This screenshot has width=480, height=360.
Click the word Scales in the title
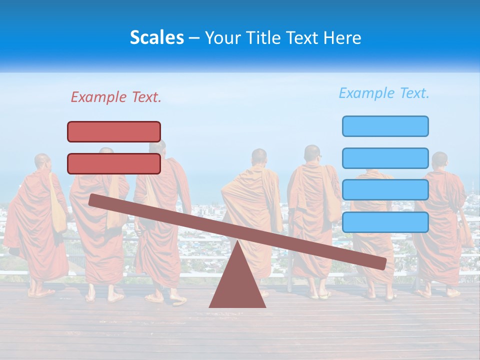(x=156, y=37)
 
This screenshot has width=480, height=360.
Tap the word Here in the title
(x=342, y=37)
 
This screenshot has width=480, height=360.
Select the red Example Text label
(x=116, y=97)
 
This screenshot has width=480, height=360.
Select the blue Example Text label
(x=384, y=93)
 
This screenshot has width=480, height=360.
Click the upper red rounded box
(x=114, y=131)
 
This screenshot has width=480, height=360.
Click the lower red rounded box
(x=114, y=163)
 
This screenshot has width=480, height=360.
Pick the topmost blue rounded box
(x=385, y=126)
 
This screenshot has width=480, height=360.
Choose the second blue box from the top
(x=385, y=158)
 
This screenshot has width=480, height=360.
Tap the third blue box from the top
(x=385, y=190)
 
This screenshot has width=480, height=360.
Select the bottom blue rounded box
(x=385, y=222)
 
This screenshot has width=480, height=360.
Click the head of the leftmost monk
(x=43, y=161)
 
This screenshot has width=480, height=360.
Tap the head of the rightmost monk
(x=439, y=160)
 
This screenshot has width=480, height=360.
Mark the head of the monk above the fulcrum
(x=259, y=157)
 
